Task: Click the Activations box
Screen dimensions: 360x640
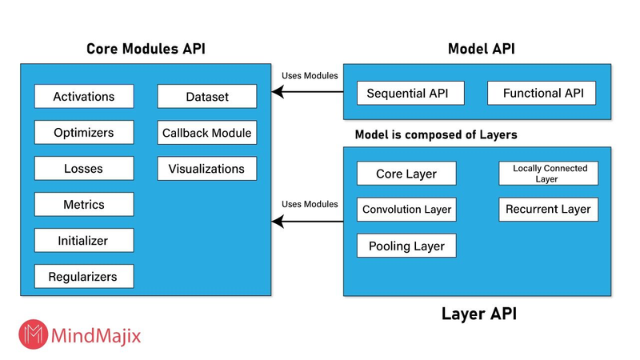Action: click(x=84, y=97)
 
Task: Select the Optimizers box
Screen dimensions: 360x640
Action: click(x=84, y=133)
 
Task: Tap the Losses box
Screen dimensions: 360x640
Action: click(x=84, y=169)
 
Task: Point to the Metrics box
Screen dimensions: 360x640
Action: click(x=84, y=205)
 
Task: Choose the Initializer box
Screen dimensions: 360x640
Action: click(x=84, y=240)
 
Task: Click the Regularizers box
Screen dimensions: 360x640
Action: click(x=84, y=277)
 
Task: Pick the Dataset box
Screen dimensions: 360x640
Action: click(x=207, y=97)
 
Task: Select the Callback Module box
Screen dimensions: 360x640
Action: click(x=207, y=133)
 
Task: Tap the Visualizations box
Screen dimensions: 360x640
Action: click(x=207, y=169)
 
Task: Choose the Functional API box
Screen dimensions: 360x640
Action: click(x=542, y=94)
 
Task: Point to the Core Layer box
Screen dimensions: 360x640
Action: click(x=407, y=174)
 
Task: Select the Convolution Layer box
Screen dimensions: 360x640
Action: click(x=407, y=210)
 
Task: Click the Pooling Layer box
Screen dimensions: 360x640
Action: click(x=407, y=246)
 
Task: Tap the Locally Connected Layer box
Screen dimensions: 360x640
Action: click(x=549, y=174)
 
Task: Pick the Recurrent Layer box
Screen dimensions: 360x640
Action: click(x=549, y=210)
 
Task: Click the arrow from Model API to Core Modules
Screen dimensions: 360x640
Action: click(x=308, y=93)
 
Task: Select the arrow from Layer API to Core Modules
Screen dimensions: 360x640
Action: click(x=308, y=222)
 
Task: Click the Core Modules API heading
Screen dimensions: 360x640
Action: click(x=146, y=49)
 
